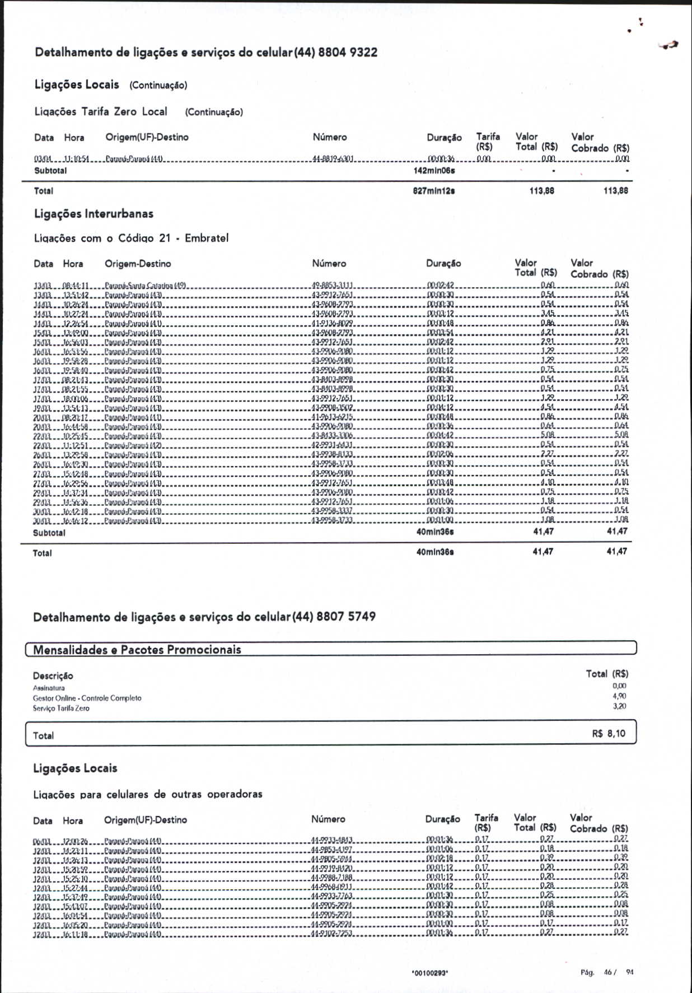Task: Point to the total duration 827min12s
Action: click(x=433, y=191)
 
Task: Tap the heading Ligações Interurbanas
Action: click(x=93, y=214)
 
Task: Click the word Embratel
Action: click(x=207, y=238)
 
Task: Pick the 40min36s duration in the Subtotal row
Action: click(x=435, y=532)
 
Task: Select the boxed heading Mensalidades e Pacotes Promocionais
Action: click(x=137, y=650)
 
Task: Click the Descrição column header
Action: click(x=53, y=676)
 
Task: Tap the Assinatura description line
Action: click(x=49, y=688)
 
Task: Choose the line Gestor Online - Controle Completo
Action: click(x=87, y=698)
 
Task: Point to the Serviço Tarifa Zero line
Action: click(x=61, y=708)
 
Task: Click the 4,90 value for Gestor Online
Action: click(x=619, y=696)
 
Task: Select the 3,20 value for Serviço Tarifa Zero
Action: click(x=619, y=706)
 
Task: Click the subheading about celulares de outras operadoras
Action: click(x=148, y=794)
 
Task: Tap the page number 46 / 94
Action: click(x=618, y=972)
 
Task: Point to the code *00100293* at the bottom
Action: click(x=429, y=973)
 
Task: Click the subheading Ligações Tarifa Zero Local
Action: click(x=101, y=111)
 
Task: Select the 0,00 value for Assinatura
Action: click(x=619, y=686)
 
